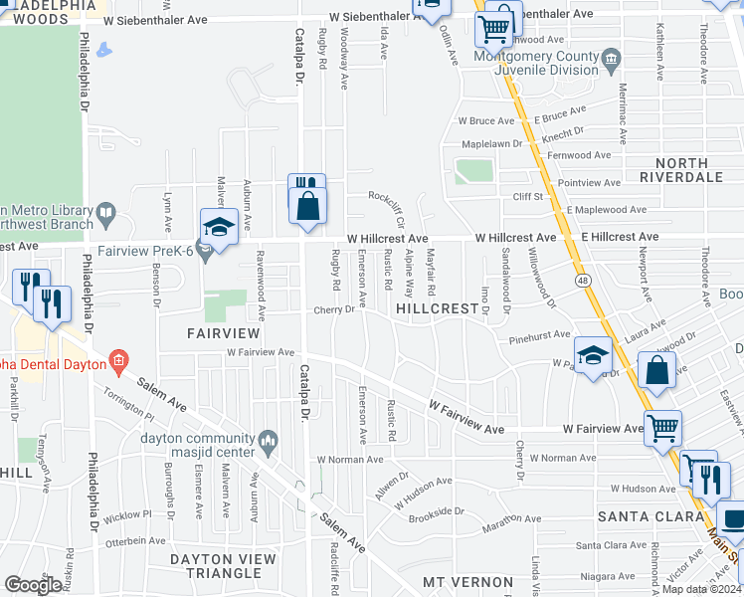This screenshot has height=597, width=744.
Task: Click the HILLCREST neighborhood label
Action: (x=439, y=309)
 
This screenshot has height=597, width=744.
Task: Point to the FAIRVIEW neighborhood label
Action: (x=225, y=334)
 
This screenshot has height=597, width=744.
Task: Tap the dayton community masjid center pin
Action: (x=267, y=440)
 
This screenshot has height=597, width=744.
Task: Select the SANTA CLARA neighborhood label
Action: (x=651, y=516)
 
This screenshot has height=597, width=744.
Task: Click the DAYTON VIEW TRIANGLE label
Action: (x=222, y=565)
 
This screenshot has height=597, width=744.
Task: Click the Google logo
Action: (x=34, y=585)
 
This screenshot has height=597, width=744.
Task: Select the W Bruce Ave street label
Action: (x=485, y=120)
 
